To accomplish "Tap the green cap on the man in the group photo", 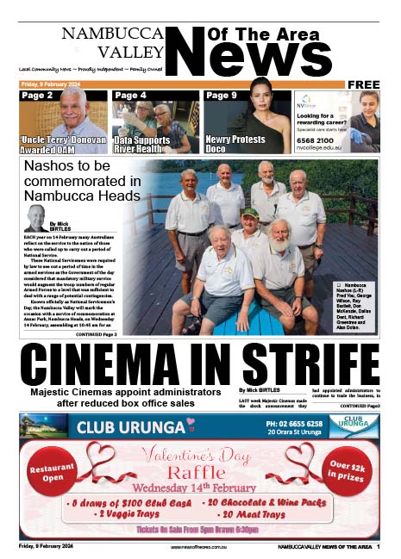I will point(249,213).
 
